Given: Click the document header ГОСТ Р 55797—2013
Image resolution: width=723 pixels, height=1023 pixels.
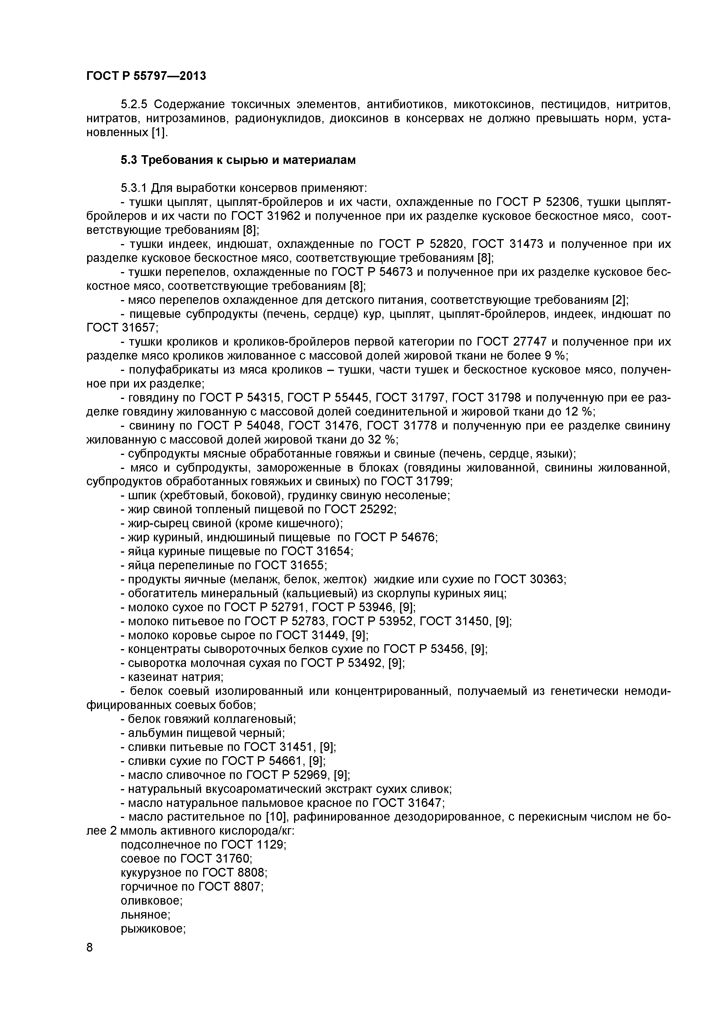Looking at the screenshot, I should tap(146, 76).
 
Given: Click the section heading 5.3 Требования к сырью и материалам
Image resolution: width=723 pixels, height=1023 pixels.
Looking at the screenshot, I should tap(238, 160).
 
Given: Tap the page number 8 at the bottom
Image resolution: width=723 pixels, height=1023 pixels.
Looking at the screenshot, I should tap(89, 959).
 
